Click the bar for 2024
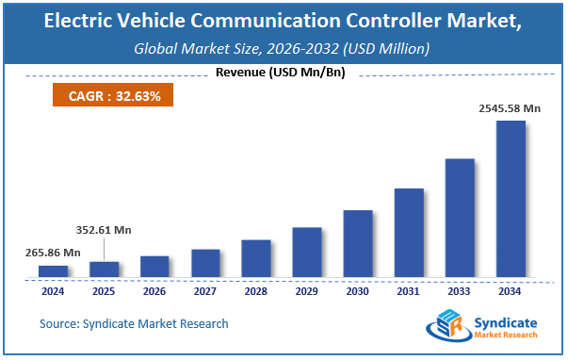[x=53, y=271]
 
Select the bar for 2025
[x=104, y=270]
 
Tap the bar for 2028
[x=255, y=258]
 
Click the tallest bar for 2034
[x=510, y=199]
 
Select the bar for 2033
[x=459, y=218]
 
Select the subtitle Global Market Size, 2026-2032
[x=283, y=48]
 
